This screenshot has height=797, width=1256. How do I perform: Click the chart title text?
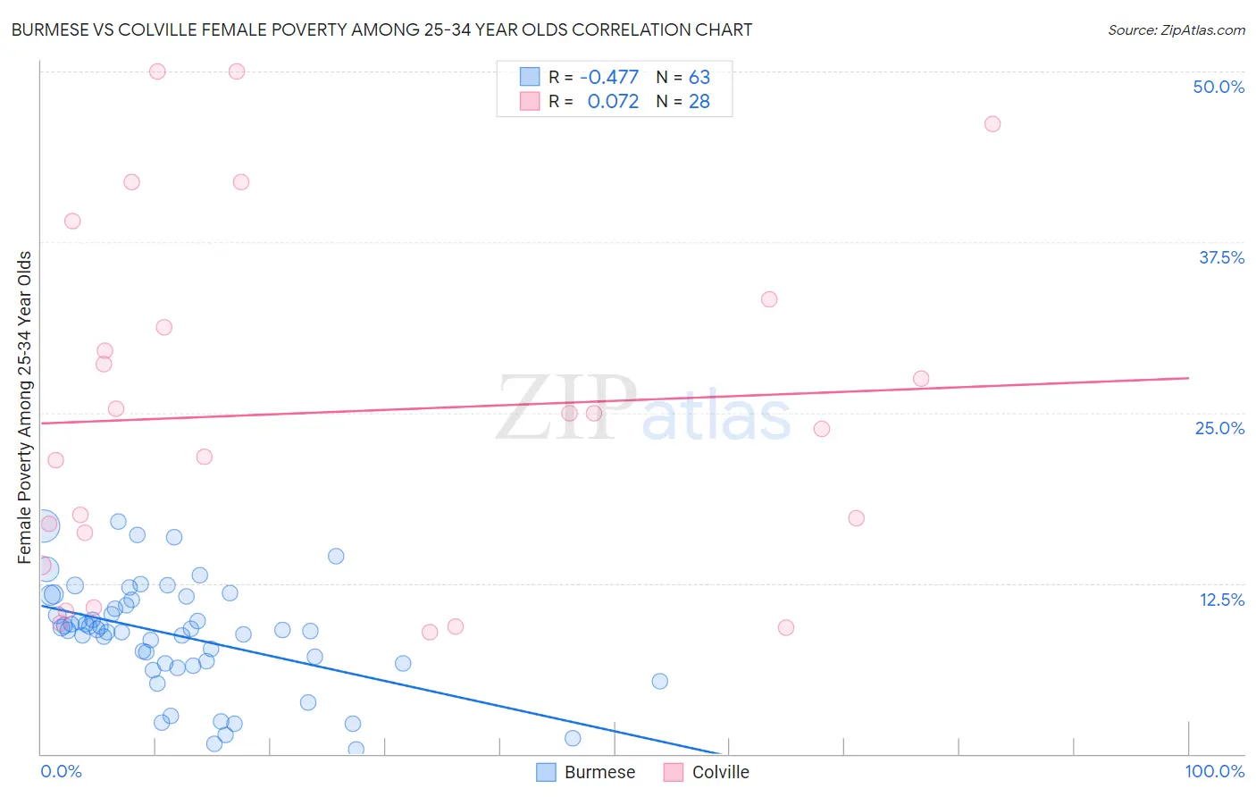pyautogui.click(x=382, y=29)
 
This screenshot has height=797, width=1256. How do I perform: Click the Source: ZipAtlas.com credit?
pyautogui.click(x=1176, y=29)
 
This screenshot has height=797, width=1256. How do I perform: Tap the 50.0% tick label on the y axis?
pyautogui.click(x=1218, y=87)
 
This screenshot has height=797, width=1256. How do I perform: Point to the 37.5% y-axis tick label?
pyautogui.click(x=1220, y=257)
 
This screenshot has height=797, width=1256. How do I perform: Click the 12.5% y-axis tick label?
pyautogui.click(x=1220, y=600)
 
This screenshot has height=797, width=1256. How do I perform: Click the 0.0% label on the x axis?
pyautogui.click(x=61, y=771)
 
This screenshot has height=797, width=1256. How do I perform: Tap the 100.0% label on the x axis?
pyautogui.click(x=1214, y=771)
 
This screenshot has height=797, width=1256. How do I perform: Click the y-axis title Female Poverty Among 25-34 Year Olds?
pyautogui.click(x=25, y=407)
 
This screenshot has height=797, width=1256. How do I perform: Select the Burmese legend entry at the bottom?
pyautogui.click(x=586, y=772)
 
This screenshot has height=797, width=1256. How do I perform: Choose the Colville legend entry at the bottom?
pyautogui.click(x=707, y=772)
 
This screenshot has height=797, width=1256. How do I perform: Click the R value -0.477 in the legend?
pyautogui.click(x=609, y=78)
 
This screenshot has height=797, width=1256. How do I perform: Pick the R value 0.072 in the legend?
pyautogui.click(x=613, y=102)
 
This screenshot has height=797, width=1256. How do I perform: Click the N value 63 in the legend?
pyautogui.click(x=699, y=78)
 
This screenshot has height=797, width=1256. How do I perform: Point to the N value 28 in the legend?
pyautogui.click(x=699, y=102)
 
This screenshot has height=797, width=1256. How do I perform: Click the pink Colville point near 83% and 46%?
pyautogui.click(x=992, y=124)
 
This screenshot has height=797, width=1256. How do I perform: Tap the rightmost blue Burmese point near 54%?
pyautogui.click(x=659, y=681)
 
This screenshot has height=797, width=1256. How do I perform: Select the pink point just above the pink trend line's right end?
pyautogui.click(x=920, y=379)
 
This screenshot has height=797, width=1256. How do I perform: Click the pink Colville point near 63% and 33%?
pyautogui.click(x=768, y=299)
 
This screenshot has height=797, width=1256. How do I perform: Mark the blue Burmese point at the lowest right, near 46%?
pyautogui.click(x=573, y=738)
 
